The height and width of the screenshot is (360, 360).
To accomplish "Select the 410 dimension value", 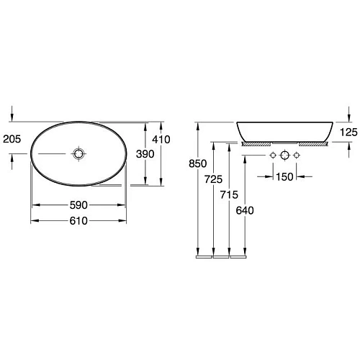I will [x=161, y=140].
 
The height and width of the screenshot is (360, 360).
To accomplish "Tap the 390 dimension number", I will [x=144, y=155].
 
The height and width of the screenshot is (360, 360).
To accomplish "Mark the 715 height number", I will [x=229, y=194].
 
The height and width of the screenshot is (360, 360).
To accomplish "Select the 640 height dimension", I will [x=246, y=210].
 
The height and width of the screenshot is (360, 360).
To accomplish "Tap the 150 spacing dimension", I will [x=285, y=176].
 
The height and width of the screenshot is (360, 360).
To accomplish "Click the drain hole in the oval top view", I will [x=78, y=154].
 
